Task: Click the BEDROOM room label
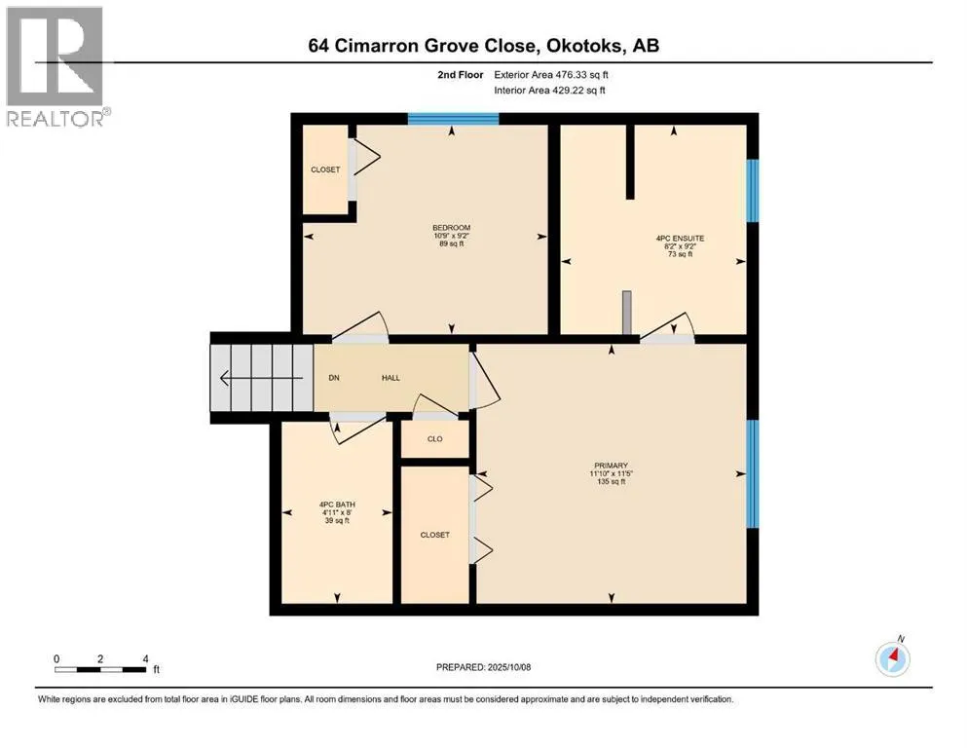[452, 228]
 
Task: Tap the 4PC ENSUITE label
[680, 238]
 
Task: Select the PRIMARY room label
[612, 466]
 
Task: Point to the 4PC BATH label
[337, 505]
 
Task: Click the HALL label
[391, 378]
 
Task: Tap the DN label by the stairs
[334, 378]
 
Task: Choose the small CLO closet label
[434, 439]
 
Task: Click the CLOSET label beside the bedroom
[325, 169]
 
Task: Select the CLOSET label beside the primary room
[434, 535]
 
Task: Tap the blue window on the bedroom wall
[453, 119]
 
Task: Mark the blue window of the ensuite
[753, 191]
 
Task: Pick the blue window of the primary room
[753, 473]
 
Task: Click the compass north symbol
[893, 658]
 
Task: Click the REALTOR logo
[56, 66]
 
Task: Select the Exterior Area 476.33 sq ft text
[551, 75]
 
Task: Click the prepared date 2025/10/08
[508, 667]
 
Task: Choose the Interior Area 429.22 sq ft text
[549, 90]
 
